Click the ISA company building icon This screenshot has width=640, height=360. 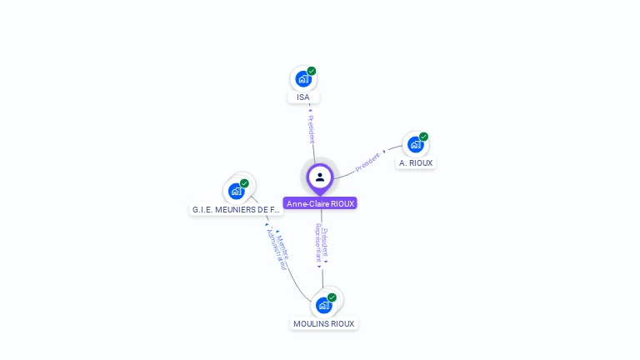pyautogui.click(x=303, y=79)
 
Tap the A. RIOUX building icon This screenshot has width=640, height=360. pyautogui.click(x=415, y=145)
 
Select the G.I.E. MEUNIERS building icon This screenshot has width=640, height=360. pyautogui.click(x=236, y=191)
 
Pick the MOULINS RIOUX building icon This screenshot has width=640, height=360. pyautogui.click(x=323, y=305)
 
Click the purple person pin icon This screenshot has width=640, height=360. pyautogui.click(x=320, y=177)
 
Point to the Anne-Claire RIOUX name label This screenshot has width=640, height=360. pyautogui.click(x=320, y=203)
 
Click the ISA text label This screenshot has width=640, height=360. pyautogui.click(x=303, y=97)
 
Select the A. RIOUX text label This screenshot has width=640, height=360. pyautogui.click(x=415, y=163)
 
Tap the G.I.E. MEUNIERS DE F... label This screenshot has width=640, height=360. pyautogui.click(x=237, y=209)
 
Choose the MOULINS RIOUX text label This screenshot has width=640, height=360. pyautogui.click(x=324, y=323)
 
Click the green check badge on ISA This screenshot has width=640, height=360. pyautogui.click(x=312, y=71)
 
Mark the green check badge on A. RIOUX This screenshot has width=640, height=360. pyautogui.click(x=423, y=137)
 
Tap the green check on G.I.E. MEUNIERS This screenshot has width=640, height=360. pyautogui.click(x=244, y=183)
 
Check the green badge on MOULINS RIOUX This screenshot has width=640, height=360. pyautogui.click(x=332, y=297)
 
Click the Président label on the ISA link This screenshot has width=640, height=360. pyautogui.click(x=311, y=127)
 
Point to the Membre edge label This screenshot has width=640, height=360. pyautogui.click(x=282, y=243)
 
